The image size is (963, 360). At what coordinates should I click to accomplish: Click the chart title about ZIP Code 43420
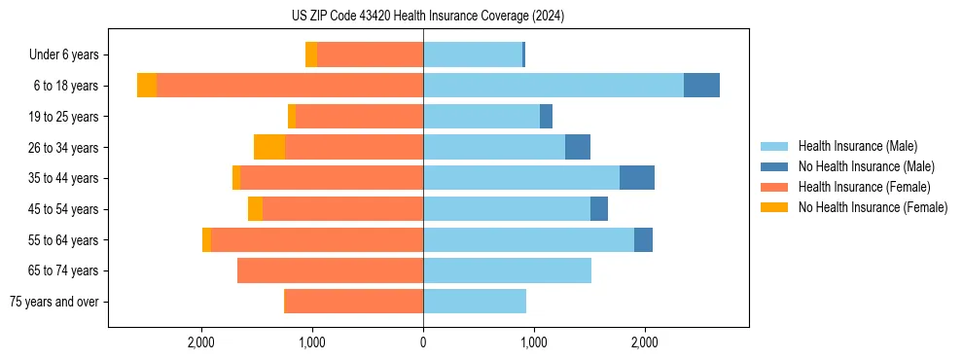click(x=421, y=17)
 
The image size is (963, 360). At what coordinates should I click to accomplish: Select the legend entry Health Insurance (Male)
click(x=857, y=146)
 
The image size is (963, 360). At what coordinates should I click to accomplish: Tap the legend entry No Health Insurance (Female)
click(x=873, y=207)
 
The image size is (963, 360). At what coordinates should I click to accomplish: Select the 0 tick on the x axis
click(x=423, y=342)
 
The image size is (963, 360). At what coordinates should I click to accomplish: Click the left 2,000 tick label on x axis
click(x=201, y=342)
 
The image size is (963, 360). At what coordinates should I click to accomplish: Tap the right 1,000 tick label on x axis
click(x=533, y=342)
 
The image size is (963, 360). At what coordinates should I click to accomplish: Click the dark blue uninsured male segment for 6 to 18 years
click(x=701, y=86)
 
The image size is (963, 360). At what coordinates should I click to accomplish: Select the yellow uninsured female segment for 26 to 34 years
click(x=269, y=147)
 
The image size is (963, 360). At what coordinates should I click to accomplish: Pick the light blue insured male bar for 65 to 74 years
click(x=507, y=270)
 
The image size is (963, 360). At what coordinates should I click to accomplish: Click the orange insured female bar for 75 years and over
click(x=353, y=302)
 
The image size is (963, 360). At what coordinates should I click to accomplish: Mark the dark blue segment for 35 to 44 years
click(x=637, y=178)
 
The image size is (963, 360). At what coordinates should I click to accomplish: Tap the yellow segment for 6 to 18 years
click(x=147, y=86)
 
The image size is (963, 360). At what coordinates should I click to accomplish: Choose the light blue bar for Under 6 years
click(x=473, y=54)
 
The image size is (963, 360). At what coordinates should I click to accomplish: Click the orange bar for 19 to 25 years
click(x=359, y=117)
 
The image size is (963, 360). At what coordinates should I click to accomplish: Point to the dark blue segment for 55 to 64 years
click(x=643, y=239)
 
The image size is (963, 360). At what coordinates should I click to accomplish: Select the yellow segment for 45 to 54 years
click(x=255, y=209)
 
